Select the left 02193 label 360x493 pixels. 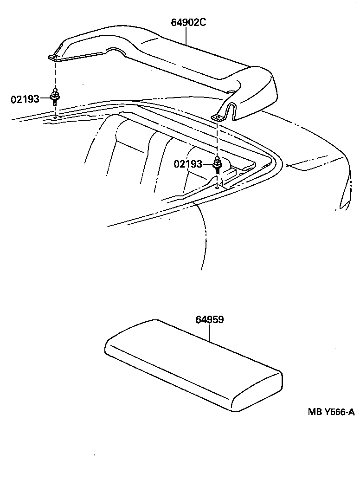coord(25,98)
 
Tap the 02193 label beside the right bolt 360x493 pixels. coord(188,164)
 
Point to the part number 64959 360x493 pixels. coord(210,320)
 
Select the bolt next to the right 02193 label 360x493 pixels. coord(217,163)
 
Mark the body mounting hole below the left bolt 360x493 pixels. coord(55,117)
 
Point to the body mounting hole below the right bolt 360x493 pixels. coord(217,188)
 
